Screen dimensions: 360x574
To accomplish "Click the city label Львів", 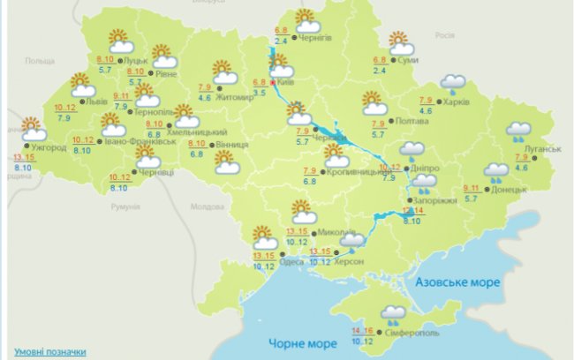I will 97,102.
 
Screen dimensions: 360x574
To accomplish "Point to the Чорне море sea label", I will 292,342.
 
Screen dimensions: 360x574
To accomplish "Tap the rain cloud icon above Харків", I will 454,83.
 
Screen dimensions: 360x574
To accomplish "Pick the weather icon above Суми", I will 402,43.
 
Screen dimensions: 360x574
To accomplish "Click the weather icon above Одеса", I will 264,237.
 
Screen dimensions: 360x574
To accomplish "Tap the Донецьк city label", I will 509,188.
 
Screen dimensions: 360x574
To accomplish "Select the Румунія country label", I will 126,205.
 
